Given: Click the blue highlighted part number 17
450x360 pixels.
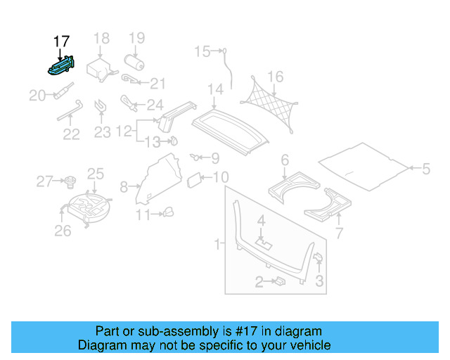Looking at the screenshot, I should click(x=63, y=67).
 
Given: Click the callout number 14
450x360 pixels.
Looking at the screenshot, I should click(x=215, y=89).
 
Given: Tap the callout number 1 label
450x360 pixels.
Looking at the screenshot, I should click(x=218, y=244).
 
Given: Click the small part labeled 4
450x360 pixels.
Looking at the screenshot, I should click(x=264, y=242).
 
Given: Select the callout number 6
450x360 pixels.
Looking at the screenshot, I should click(x=285, y=161).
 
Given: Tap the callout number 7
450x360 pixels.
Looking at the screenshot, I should click(x=338, y=233).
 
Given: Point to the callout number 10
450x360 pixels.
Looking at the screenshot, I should click(x=221, y=177).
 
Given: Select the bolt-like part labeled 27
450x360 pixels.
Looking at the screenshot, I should click(x=70, y=183).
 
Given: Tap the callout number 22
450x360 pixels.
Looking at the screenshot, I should click(x=72, y=134).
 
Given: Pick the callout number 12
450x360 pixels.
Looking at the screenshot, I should click(x=124, y=131).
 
